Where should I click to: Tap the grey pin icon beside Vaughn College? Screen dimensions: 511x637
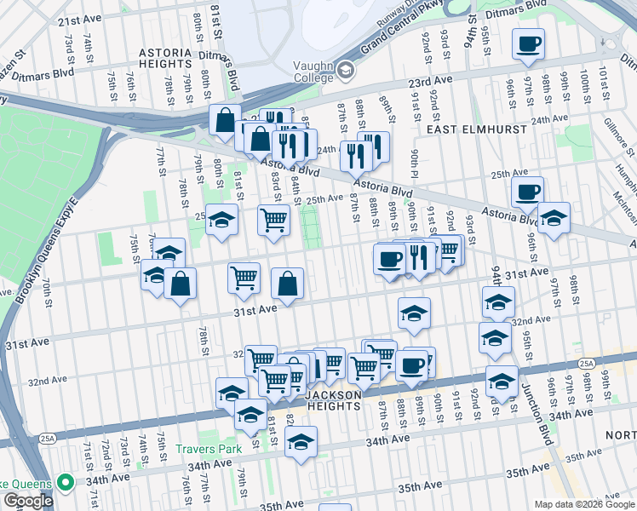click(344, 70)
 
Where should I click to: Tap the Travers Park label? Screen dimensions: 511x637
click(204, 449)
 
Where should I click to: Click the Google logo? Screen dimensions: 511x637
click(27, 500)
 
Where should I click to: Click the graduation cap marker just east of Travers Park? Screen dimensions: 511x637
click(301, 442)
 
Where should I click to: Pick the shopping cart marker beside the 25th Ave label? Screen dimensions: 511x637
click(273, 220)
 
